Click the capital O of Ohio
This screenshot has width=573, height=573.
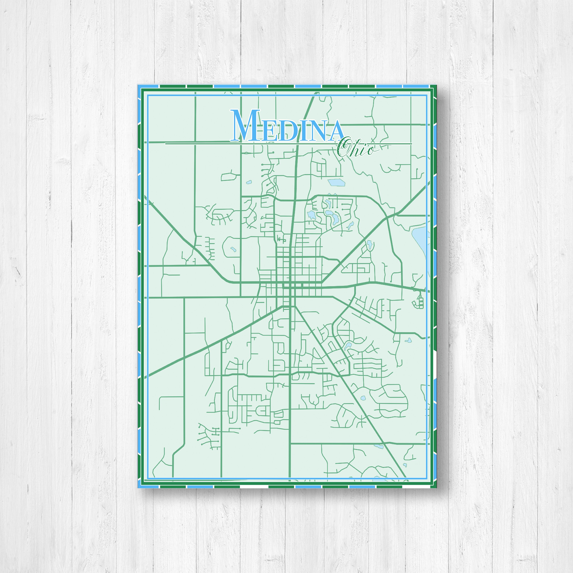pyautogui.click(x=344, y=148)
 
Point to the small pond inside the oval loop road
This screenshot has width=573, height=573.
pyautogui.click(x=233, y=249)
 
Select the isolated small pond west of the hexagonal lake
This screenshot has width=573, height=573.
pyautogui.click(x=248, y=182)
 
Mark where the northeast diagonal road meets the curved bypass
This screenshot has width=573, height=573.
pyautogui.click(x=388, y=217)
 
